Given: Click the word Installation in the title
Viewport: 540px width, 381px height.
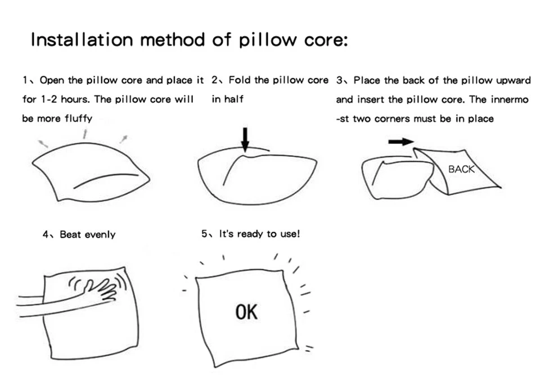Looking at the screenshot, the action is [x=82, y=40].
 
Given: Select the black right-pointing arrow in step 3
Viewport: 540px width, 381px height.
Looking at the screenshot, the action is [x=400, y=142].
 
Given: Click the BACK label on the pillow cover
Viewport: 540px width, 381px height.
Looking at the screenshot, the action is [x=461, y=169].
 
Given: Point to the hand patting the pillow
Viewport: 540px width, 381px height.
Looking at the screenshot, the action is [x=101, y=291].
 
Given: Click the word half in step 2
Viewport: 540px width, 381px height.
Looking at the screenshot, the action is [x=234, y=99].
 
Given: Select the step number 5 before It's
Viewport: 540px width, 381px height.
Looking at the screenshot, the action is [x=204, y=234].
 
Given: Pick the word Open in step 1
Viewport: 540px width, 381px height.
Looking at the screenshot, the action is [x=51, y=80].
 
